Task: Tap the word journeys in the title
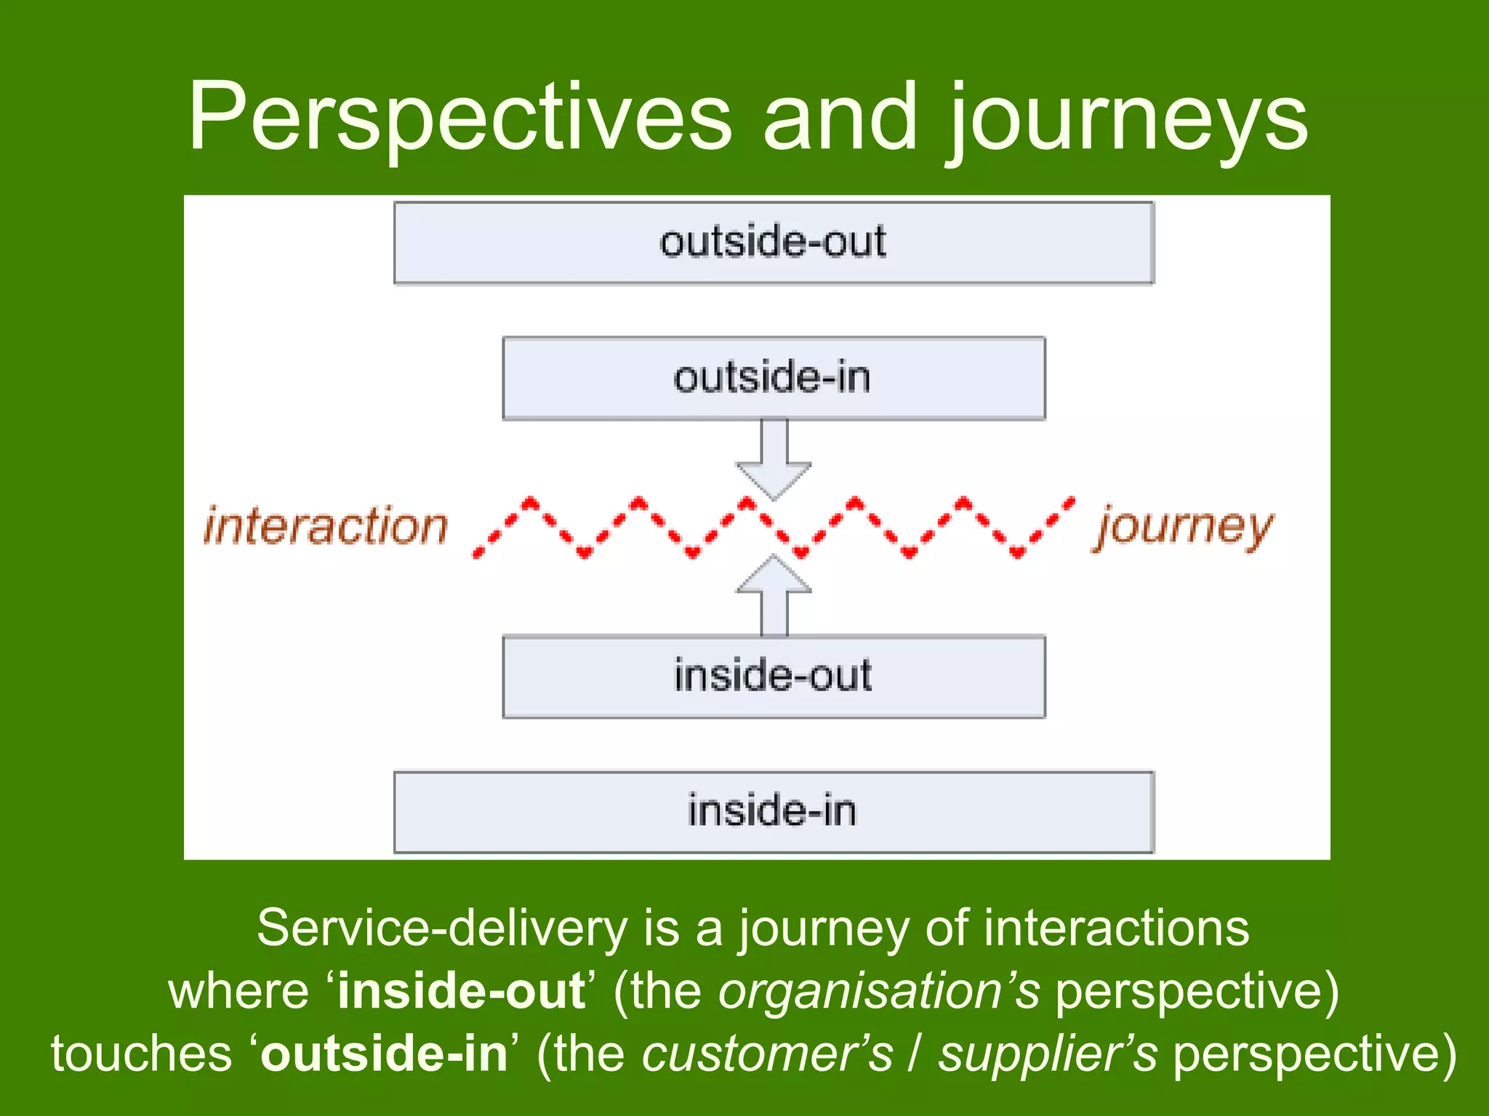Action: click(1127, 120)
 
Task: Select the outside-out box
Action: click(774, 243)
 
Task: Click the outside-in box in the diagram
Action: click(774, 378)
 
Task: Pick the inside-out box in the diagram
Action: click(774, 676)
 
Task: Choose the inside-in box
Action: click(774, 812)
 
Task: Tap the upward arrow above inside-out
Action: click(774, 596)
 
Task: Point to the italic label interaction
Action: click(326, 526)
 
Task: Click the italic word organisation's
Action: click(879, 991)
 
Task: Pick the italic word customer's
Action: click(767, 1054)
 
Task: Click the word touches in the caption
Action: click(141, 1054)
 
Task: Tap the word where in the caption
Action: click(238, 991)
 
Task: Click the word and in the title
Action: click(840, 118)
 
